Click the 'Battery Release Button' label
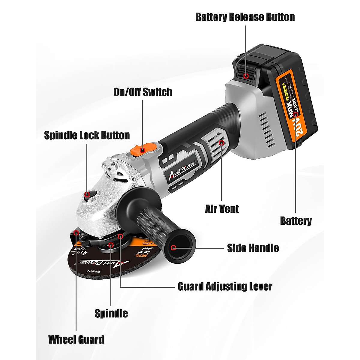[x=245, y=17]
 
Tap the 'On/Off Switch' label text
[x=143, y=92]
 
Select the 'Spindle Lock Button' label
[x=87, y=135]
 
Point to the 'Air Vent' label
[x=222, y=209]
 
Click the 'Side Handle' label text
[x=253, y=248]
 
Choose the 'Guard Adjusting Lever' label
[x=225, y=286]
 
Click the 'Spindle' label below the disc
[x=111, y=313]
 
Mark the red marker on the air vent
[x=222, y=142]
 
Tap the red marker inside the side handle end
[x=173, y=248]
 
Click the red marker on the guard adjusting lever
[x=120, y=236]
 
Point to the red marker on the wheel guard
[x=76, y=232]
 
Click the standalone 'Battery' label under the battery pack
[x=296, y=221]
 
